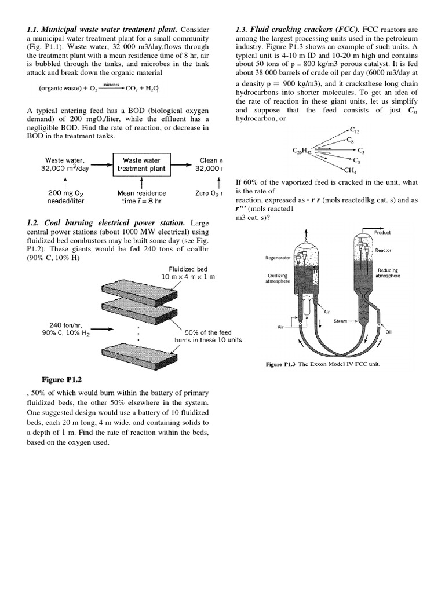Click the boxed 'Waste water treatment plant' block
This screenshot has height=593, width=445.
click(x=141, y=164)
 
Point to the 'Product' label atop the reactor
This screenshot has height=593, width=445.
click(x=382, y=232)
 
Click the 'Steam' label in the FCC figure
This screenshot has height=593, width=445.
click(x=340, y=321)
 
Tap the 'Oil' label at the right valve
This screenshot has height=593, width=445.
click(x=388, y=332)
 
